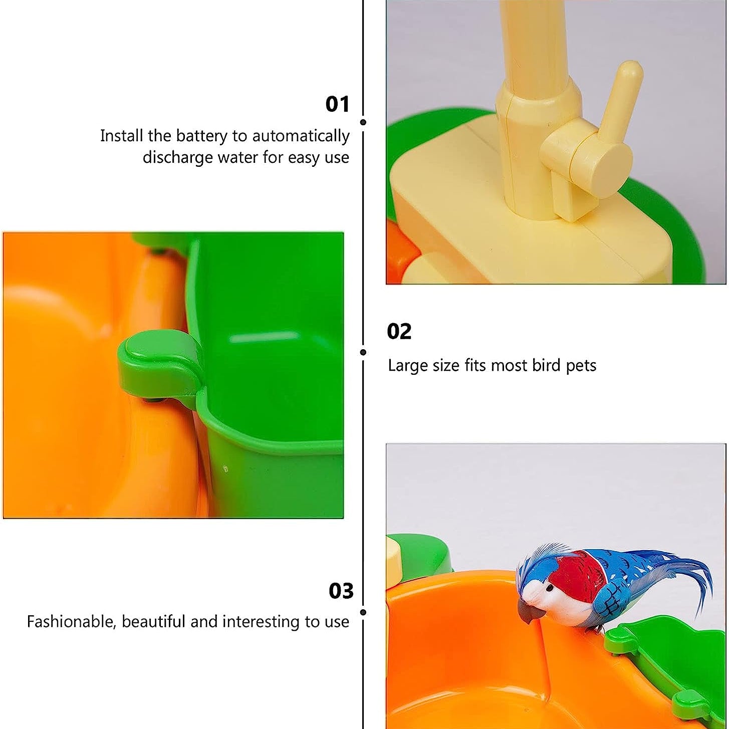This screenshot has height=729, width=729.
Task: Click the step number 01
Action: click(338, 104)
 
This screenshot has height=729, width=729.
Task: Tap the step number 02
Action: click(399, 331)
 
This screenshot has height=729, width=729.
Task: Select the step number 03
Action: click(341, 591)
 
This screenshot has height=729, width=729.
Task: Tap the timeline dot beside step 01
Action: click(363, 122)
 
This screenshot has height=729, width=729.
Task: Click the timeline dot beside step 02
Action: click(363, 352)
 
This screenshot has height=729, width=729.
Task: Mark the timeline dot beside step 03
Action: click(363, 612)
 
